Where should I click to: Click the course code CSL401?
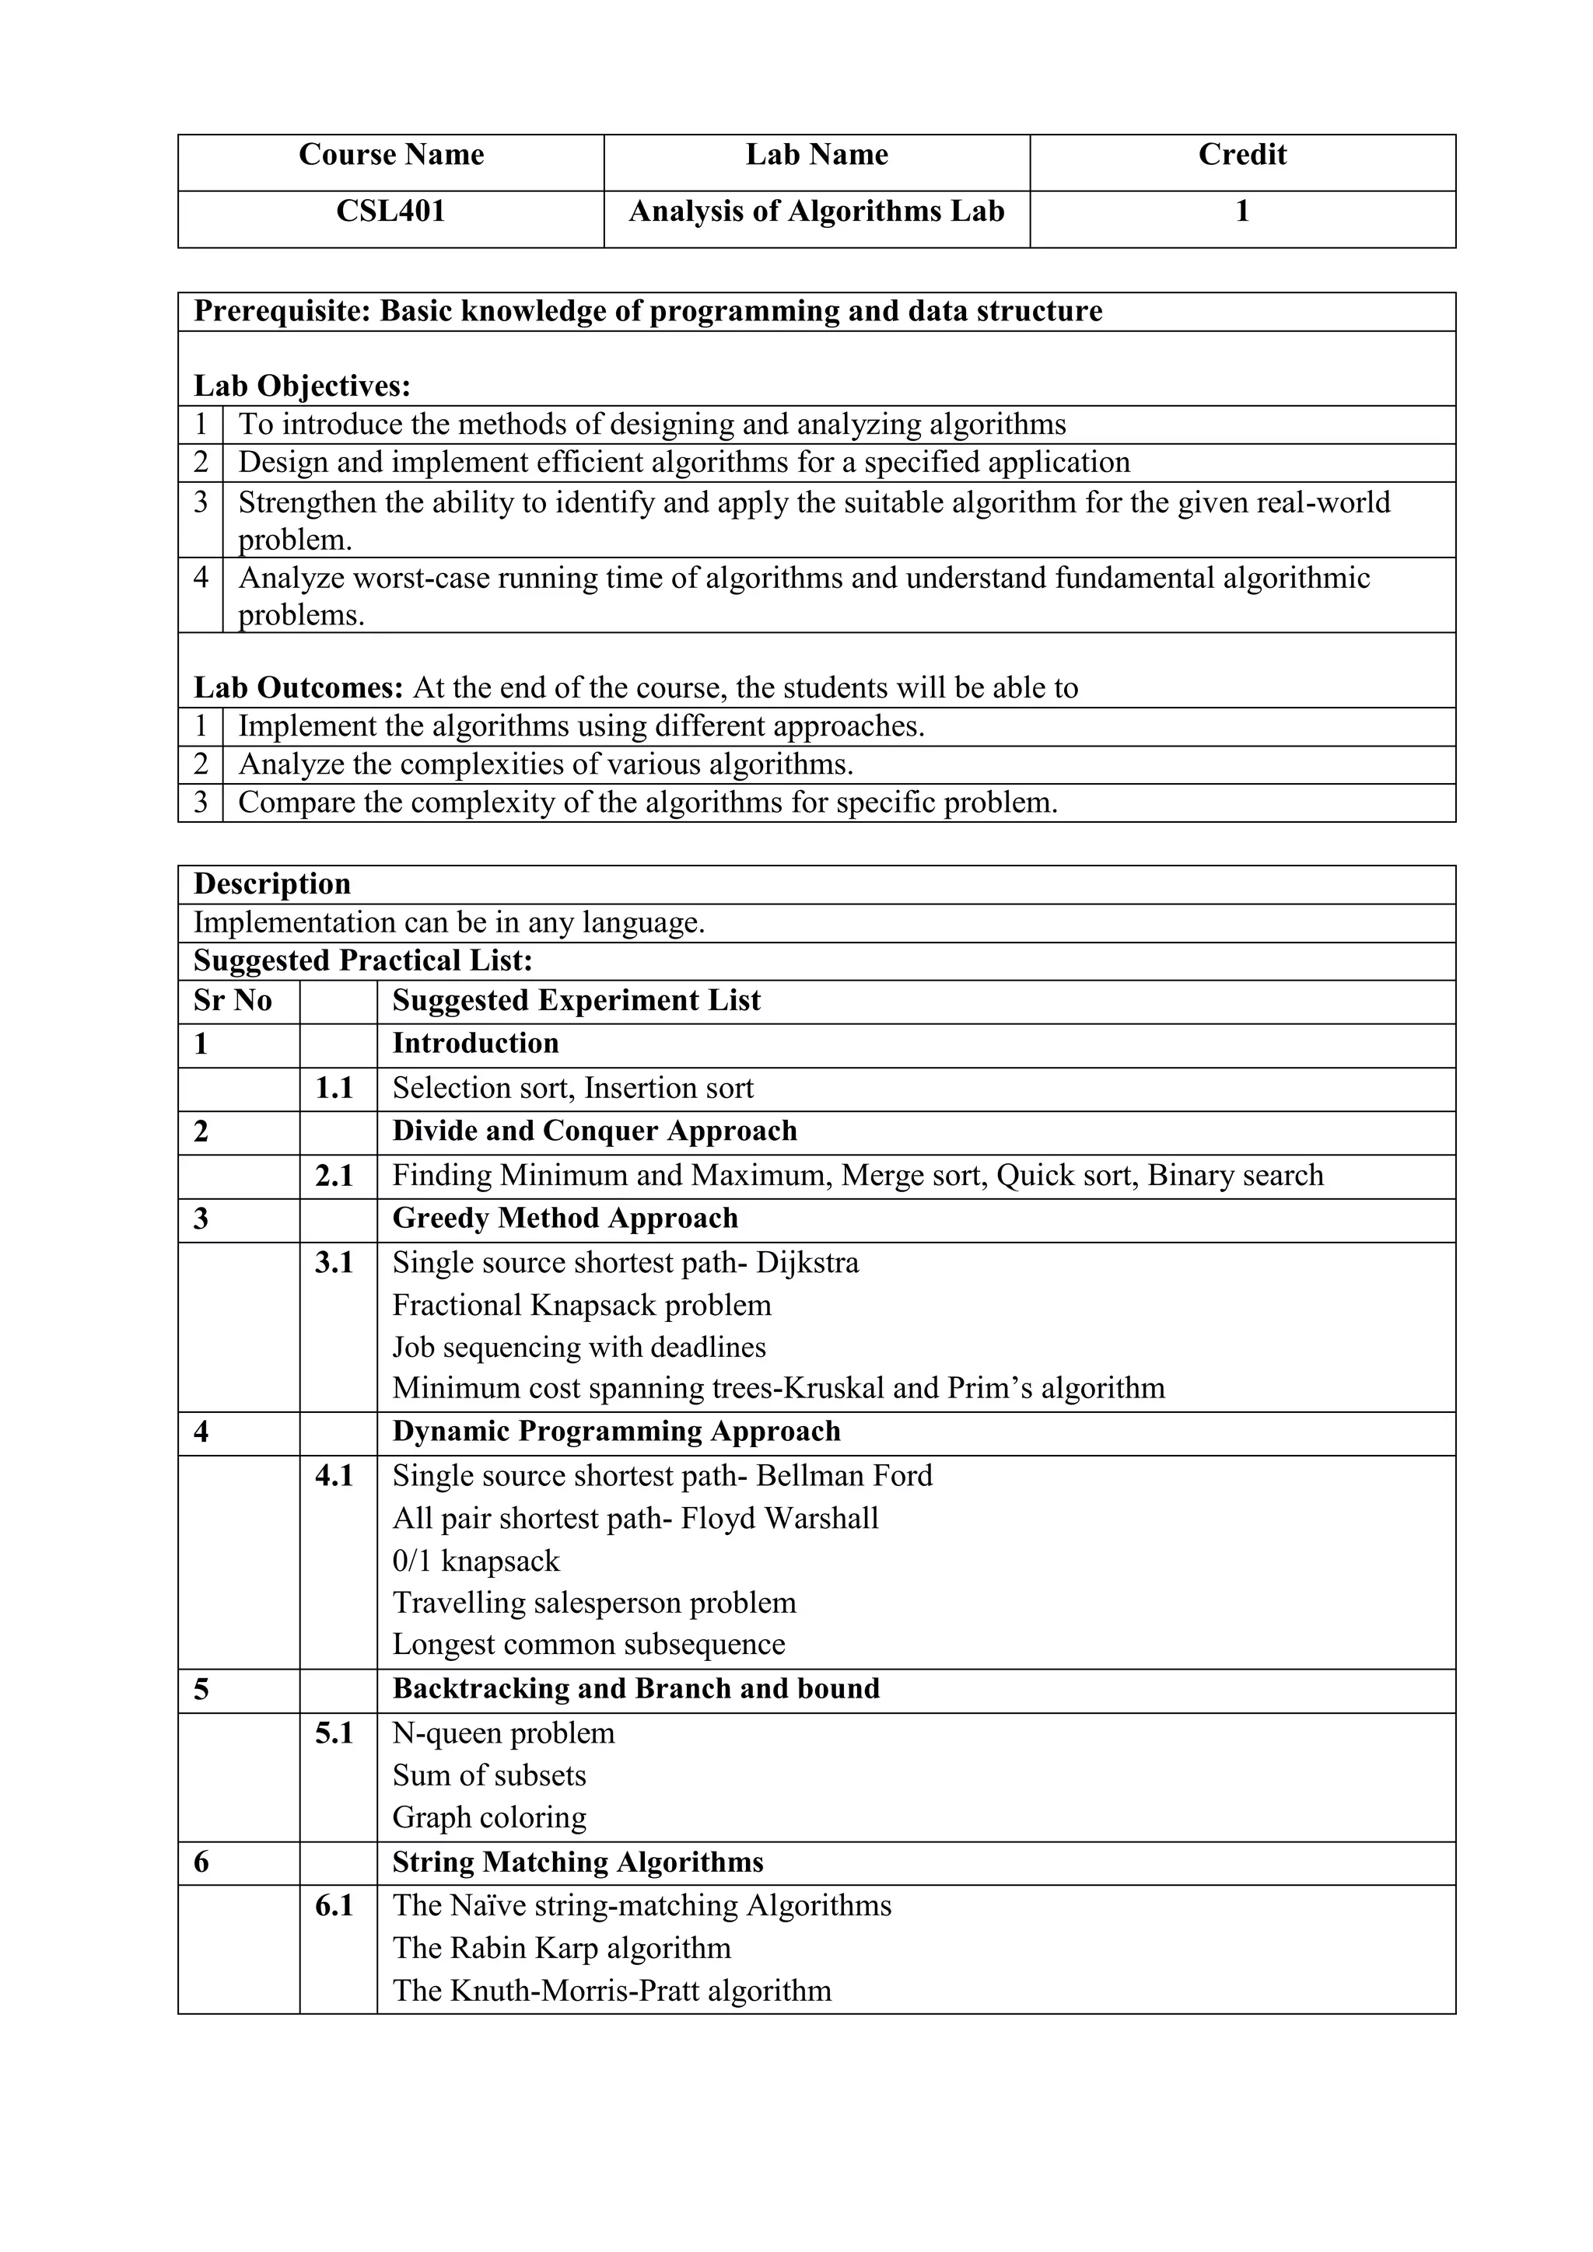pos(390,212)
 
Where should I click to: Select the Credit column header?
pos(1242,155)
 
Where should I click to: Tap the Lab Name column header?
pos(816,155)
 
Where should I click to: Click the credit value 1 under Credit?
pos(1242,212)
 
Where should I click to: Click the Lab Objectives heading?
pos(302,386)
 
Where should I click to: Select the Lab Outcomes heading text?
pos(298,688)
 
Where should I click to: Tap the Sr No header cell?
pos(233,1002)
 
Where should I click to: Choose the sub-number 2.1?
pos(334,1176)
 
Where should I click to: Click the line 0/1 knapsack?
pos(476,1561)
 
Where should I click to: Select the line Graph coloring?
pos(489,1817)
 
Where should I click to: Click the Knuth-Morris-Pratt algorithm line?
pos(612,1990)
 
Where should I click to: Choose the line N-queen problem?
pos(503,1733)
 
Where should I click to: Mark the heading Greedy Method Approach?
pos(565,1219)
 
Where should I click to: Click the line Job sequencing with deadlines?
pos(579,1348)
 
